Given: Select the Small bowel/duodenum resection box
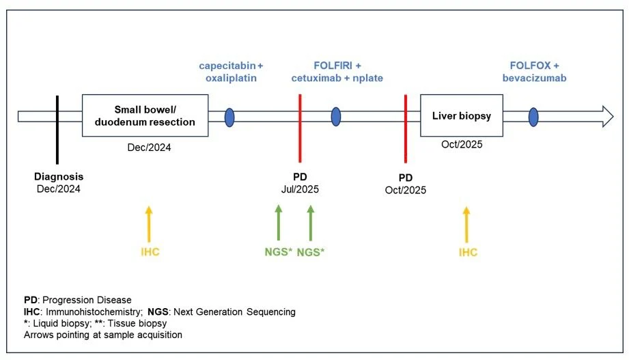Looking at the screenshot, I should click(x=145, y=115).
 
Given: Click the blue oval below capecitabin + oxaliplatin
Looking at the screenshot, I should click(x=229, y=116).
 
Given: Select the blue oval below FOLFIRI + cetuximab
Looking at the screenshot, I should click(x=336, y=116).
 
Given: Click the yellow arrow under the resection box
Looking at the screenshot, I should click(x=150, y=223).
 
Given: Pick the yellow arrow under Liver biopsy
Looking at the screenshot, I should click(x=467, y=223).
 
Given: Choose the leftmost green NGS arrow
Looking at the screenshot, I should click(x=278, y=223).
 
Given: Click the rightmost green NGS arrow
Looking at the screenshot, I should click(x=311, y=223).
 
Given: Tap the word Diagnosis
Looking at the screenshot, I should click(x=59, y=176).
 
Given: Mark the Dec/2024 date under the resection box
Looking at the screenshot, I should click(x=149, y=147).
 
